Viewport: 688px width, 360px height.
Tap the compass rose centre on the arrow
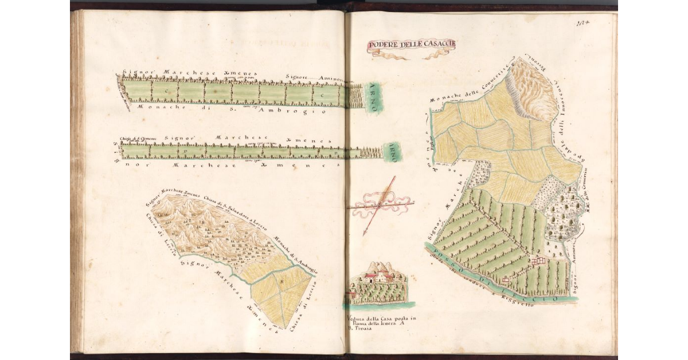coord(380,204)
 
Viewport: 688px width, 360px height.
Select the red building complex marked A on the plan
coord(539,261)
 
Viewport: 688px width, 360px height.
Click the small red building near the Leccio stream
coord(506,280)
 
